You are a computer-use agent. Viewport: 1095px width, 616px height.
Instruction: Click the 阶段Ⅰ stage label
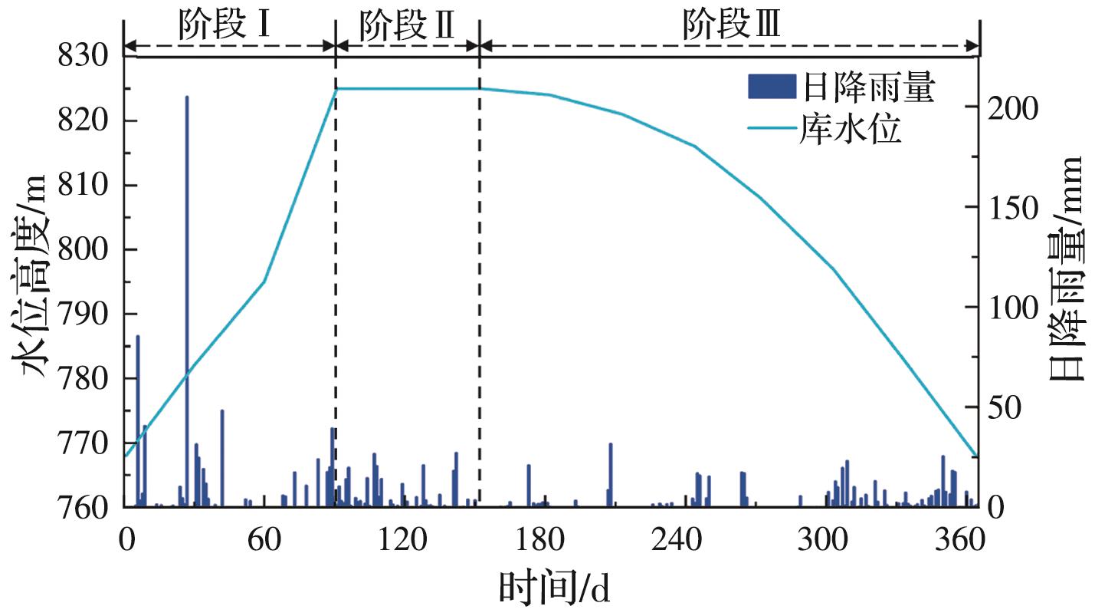point(225,26)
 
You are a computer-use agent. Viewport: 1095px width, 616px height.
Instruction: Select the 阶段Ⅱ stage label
point(408,26)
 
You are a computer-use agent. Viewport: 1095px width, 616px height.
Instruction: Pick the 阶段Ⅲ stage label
point(732,26)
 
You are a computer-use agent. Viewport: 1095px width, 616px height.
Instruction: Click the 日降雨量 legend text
point(868,89)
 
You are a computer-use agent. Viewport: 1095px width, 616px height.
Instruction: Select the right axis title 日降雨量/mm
point(1064,268)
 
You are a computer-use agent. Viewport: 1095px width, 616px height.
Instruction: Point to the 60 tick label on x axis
point(263,542)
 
